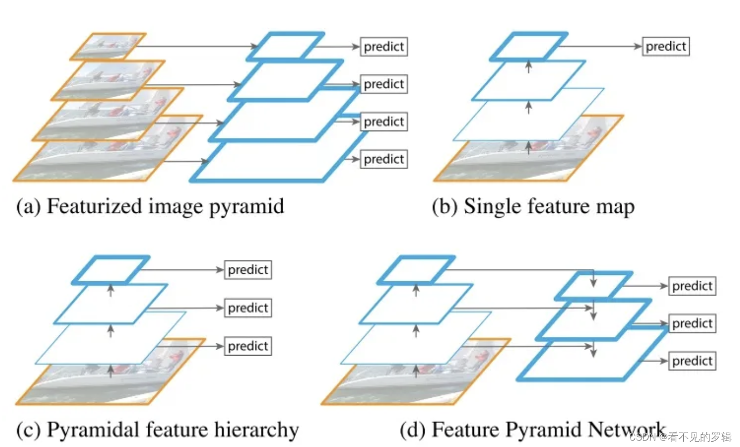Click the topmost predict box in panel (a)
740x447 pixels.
(383, 47)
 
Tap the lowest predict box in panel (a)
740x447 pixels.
(383, 159)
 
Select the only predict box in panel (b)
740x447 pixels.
(666, 47)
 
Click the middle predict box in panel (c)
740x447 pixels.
(248, 308)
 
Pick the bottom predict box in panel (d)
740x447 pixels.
(692, 361)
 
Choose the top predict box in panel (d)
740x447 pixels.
(692, 286)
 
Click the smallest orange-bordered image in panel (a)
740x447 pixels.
(108, 46)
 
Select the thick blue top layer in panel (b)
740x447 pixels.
(528, 46)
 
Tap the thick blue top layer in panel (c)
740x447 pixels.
(111, 269)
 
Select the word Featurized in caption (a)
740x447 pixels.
(89, 207)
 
